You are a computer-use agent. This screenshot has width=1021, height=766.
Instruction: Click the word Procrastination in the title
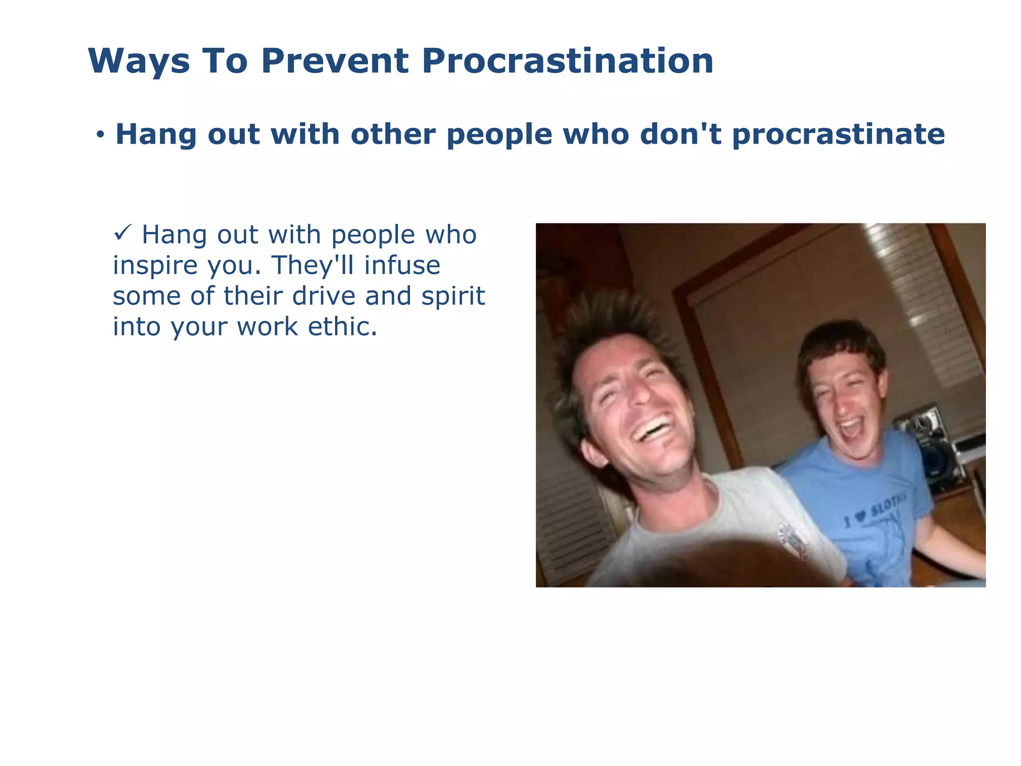click(567, 61)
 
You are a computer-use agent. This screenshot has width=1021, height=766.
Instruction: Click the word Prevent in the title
click(335, 61)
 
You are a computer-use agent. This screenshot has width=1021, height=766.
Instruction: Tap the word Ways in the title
click(139, 62)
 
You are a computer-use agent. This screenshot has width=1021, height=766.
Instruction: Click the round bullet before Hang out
click(101, 134)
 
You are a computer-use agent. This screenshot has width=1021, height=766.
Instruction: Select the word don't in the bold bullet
click(680, 134)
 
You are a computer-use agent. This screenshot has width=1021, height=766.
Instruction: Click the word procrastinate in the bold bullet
click(838, 135)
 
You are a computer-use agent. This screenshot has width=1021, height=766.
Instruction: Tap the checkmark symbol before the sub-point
click(122, 232)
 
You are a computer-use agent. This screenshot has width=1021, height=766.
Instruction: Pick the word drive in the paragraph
click(324, 296)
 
